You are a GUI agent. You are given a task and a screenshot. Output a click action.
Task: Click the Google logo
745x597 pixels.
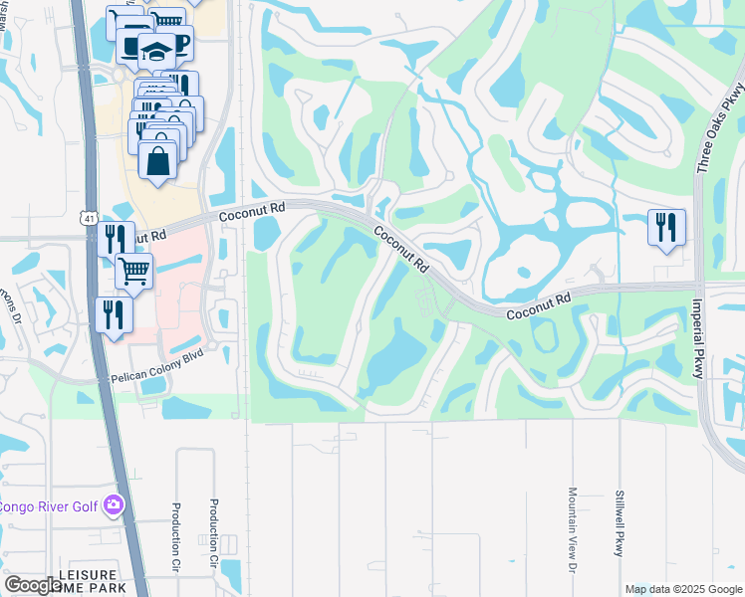(x=32, y=585)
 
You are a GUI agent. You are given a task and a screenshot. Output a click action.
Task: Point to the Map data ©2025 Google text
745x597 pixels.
(x=683, y=588)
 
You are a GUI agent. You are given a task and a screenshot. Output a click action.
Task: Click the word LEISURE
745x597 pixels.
(x=89, y=575)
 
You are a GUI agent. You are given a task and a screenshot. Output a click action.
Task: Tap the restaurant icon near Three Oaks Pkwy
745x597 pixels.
(x=664, y=227)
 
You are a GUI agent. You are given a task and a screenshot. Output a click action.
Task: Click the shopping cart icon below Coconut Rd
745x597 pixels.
(x=133, y=270)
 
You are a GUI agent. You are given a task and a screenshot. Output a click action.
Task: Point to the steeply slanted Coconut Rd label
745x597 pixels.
(x=402, y=250)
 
